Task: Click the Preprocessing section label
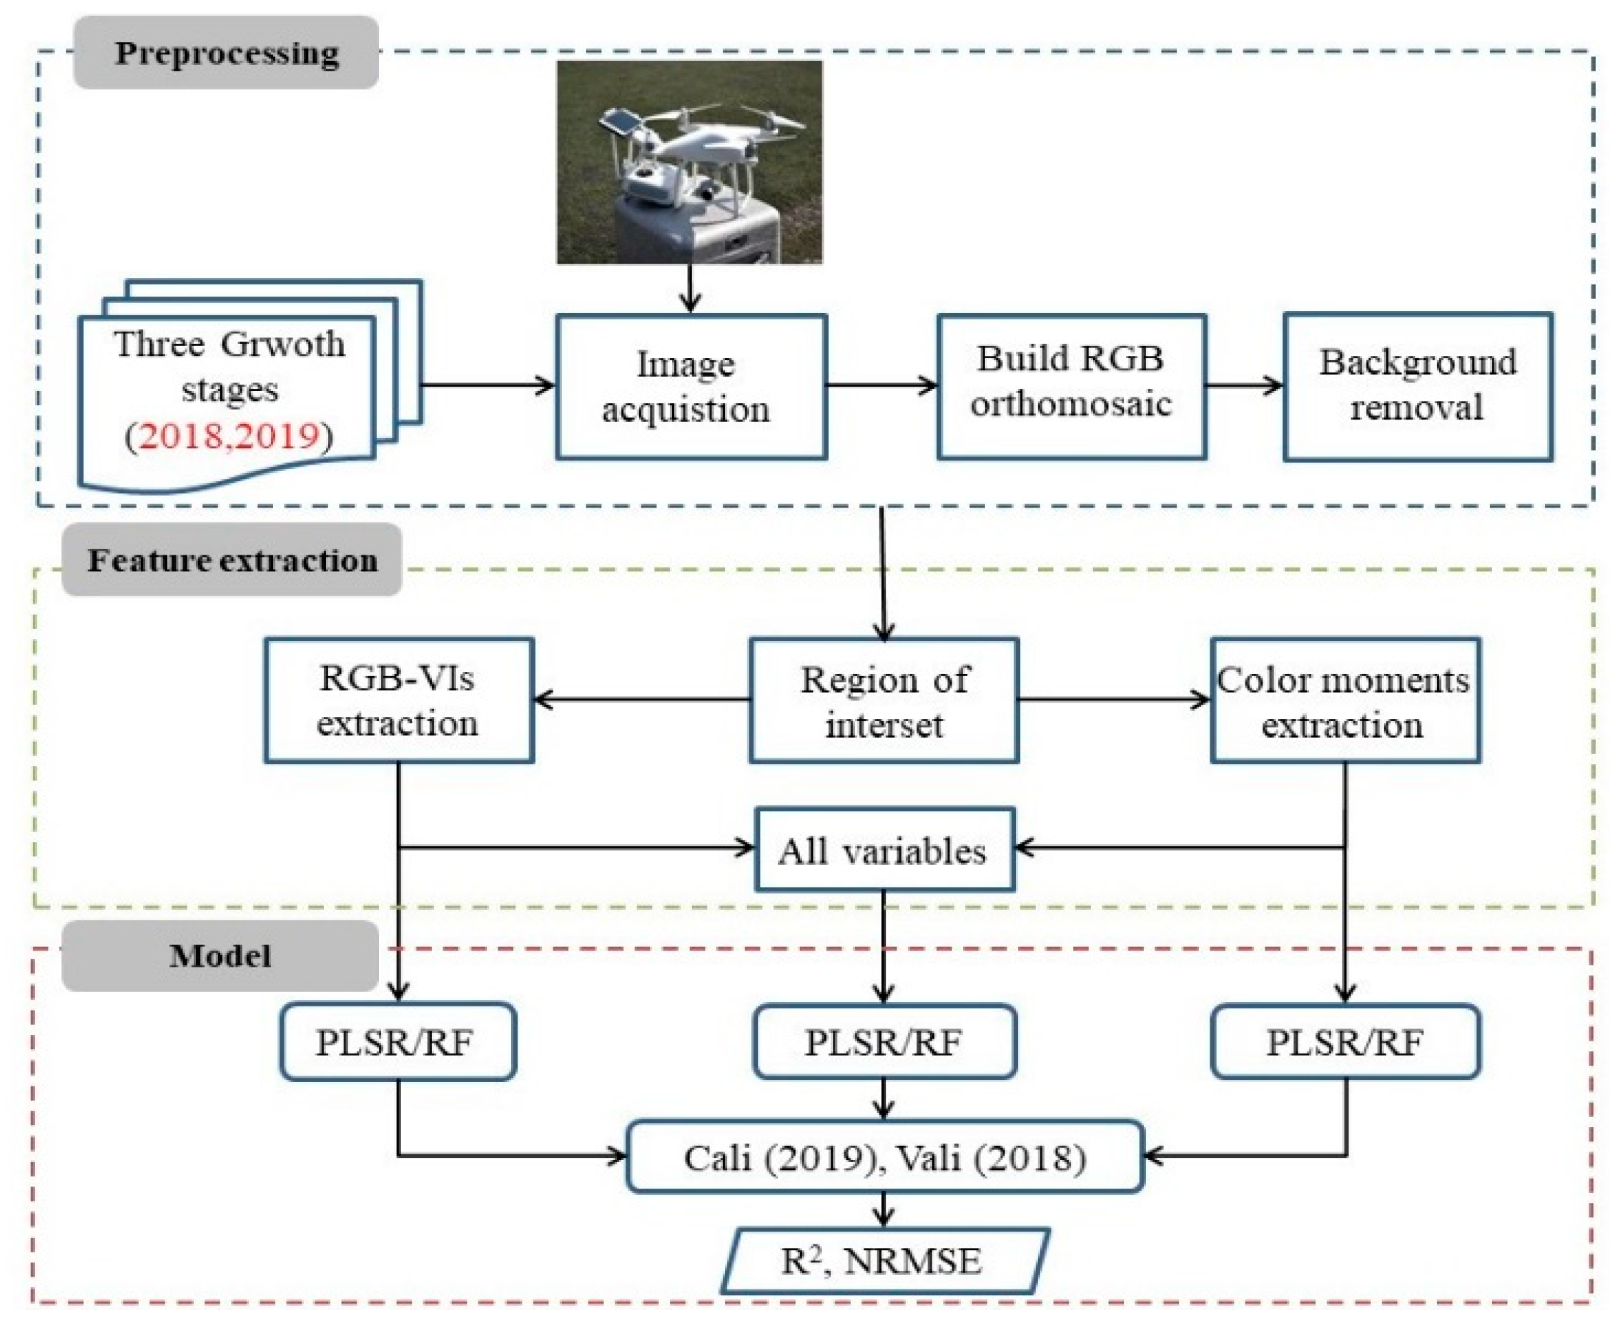point(226,53)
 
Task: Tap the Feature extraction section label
point(232,560)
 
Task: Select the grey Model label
point(219,956)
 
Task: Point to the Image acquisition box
point(691,387)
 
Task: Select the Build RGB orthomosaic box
point(1071,386)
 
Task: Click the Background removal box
point(1417,386)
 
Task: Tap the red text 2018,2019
point(229,436)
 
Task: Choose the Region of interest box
point(884,700)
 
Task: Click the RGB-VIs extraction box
point(399,700)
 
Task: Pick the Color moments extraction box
point(1345,700)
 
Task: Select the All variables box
point(884,850)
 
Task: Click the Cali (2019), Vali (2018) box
point(884,1158)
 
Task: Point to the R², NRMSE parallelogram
point(884,1262)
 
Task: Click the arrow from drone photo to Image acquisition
point(690,288)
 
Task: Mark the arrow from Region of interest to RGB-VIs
point(641,699)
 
